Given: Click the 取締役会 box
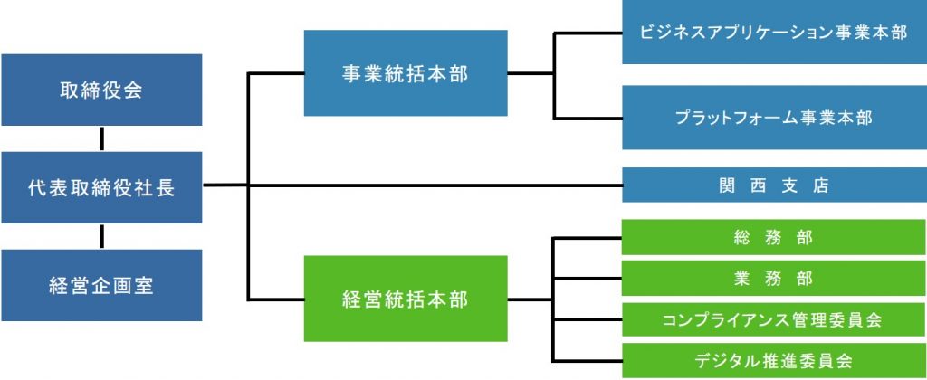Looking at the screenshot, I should coord(101,90).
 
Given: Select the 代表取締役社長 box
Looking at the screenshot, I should coord(101,188).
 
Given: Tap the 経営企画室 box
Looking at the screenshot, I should coord(101,286).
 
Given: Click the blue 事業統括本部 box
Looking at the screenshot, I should coord(406,74).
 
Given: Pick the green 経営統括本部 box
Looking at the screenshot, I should coord(406,299).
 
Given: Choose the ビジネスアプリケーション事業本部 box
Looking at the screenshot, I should coord(774,33).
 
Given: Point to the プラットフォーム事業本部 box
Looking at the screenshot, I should coord(774,118).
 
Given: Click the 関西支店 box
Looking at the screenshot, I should coord(774,186).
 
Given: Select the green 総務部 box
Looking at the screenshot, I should coord(774,238).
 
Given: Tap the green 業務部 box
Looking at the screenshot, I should coord(774,278).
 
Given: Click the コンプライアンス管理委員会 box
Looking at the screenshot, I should coord(774,319).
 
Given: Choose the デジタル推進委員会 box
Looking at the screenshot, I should coord(774,360).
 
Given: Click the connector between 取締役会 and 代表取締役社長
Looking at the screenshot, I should coord(101,139).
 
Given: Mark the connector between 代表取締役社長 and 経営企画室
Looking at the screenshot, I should coord(101,237).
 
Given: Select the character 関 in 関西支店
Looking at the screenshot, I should coord(722,186).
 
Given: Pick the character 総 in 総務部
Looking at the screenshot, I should coord(742,238).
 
